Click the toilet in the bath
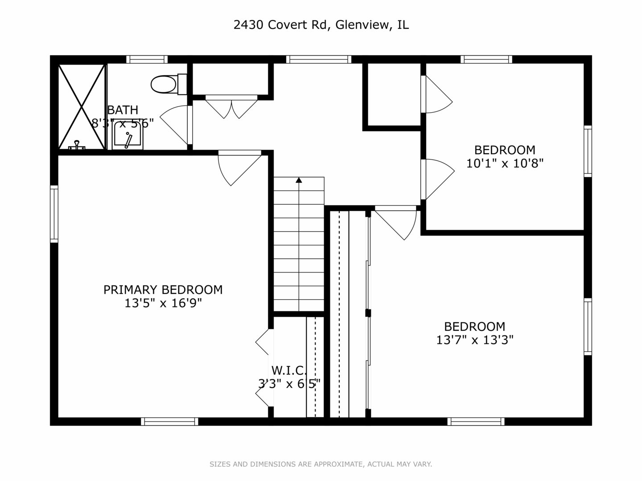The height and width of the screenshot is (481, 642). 168,84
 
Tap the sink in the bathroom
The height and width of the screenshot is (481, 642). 128,135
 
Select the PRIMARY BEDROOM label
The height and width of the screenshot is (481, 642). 163,290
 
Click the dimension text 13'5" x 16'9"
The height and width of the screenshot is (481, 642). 163,304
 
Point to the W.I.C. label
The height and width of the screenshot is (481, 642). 289,370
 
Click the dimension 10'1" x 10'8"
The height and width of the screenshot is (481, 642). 505,163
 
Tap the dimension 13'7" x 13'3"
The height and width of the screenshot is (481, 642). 475,340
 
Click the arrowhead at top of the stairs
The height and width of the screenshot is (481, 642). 299,180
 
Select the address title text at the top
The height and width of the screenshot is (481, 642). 321,25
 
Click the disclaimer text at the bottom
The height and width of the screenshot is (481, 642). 321,464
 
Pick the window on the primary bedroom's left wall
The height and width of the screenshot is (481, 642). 54,214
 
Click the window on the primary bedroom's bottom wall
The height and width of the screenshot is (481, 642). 169,421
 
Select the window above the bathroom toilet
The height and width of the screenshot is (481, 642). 147,59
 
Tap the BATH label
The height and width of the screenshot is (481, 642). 123,110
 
